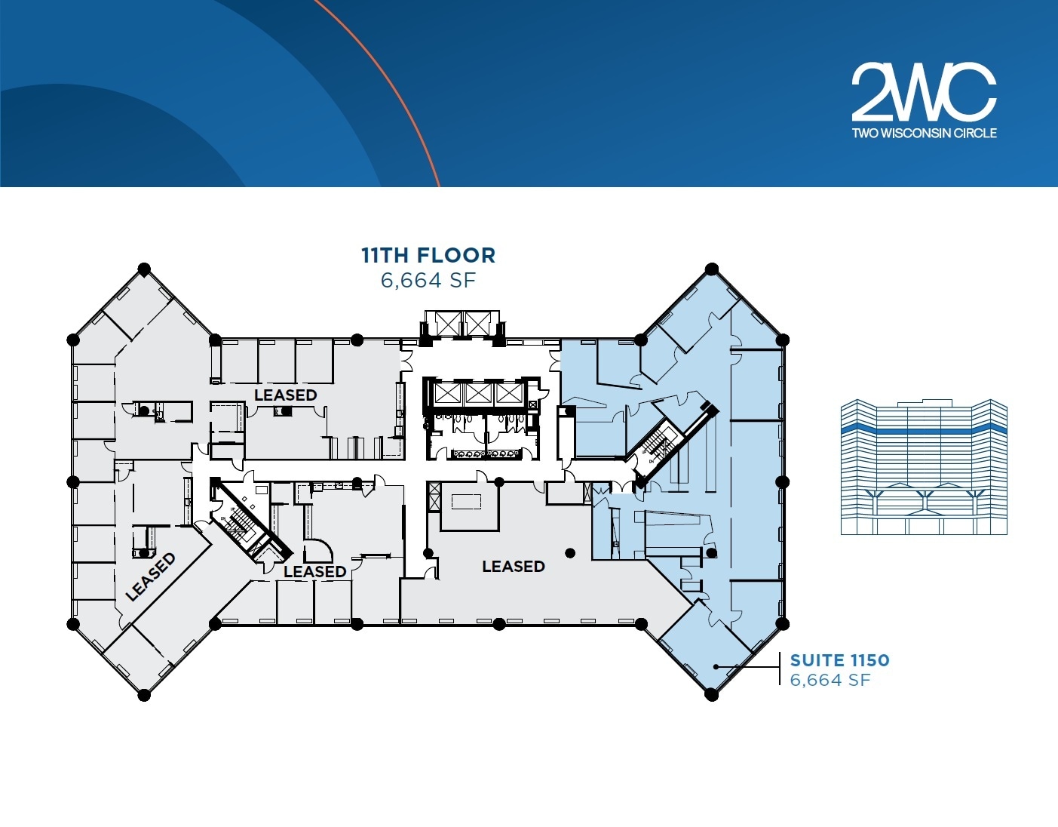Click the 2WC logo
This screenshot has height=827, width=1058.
point(924,92)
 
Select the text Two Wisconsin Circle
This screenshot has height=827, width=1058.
point(924,134)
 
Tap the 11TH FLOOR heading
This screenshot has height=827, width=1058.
point(428,255)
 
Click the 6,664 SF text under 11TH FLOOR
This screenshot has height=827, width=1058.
point(428,281)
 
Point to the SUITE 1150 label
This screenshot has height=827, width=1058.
point(839,660)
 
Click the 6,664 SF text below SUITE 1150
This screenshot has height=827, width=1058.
point(830,680)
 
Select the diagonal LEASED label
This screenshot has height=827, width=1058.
point(151,577)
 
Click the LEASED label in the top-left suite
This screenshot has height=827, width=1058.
point(285,395)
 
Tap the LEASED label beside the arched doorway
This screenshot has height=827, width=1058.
point(314,572)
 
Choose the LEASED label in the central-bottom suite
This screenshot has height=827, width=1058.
point(513,566)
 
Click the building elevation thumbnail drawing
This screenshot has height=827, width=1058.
point(924,468)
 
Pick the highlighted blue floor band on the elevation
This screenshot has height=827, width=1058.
point(924,429)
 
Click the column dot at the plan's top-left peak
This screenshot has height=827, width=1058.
point(144,269)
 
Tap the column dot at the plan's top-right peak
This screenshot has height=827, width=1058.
point(711,269)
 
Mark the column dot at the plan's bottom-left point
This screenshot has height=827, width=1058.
point(144,694)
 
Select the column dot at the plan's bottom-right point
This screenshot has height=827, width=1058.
point(711,694)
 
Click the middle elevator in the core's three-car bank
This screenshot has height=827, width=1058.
point(479,393)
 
